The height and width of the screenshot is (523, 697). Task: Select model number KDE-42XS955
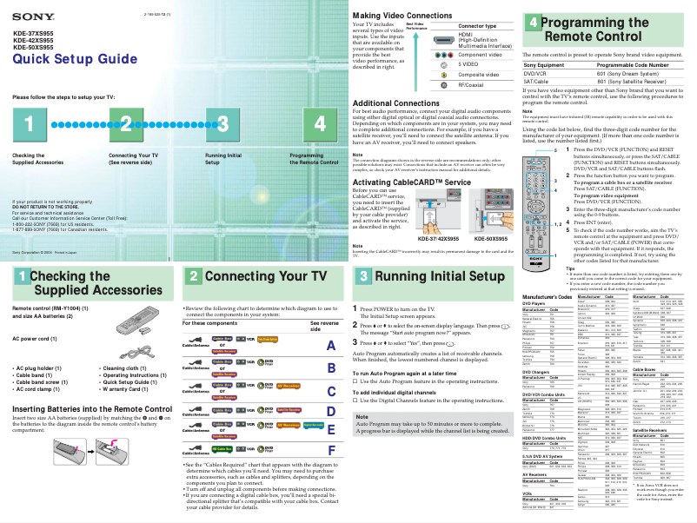coord(33,41)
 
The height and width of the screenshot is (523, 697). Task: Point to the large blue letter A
coord(329,346)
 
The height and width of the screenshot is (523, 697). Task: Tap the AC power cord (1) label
coord(42,336)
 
